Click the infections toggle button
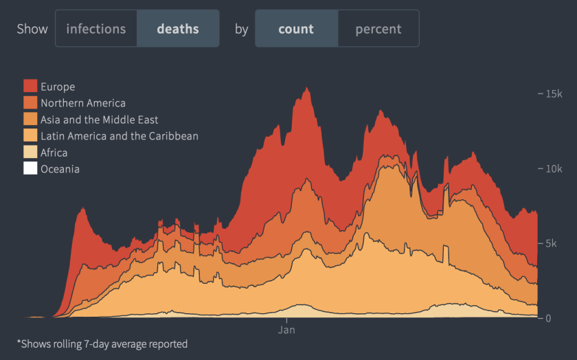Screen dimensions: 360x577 click(96, 29)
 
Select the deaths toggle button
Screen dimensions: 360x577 click(178, 29)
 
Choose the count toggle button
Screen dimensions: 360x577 click(296, 29)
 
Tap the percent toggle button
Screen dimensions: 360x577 click(378, 29)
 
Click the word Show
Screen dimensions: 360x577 click(32, 29)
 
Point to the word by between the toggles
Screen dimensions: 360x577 click(241, 29)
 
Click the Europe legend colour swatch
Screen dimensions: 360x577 click(30, 87)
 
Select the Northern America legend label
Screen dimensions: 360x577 click(83, 103)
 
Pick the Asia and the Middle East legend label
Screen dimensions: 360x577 click(100, 120)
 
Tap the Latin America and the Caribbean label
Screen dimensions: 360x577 click(120, 136)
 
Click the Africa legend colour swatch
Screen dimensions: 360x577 click(30, 153)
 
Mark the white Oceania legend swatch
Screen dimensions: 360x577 click(30, 169)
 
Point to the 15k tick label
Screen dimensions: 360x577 click(553, 93)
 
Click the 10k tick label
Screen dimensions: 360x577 click(553, 169)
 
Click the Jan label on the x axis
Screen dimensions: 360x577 click(286, 330)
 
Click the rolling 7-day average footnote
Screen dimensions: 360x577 click(102, 344)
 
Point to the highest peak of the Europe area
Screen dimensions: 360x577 click(307, 88)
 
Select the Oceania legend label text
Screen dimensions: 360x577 click(60, 169)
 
